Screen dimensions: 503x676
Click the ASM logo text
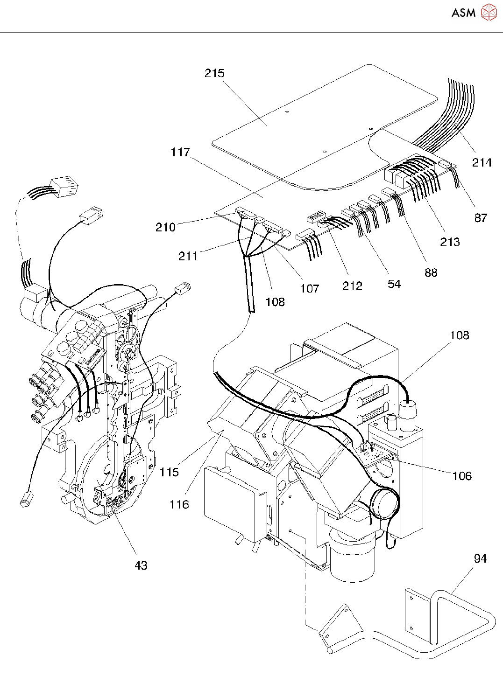tap(463, 13)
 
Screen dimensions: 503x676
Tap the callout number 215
tap(214, 73)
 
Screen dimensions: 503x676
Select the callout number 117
tap(180, 152)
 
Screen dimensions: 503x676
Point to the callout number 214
tap(482, 162)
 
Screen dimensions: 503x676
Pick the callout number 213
tap(450, 242)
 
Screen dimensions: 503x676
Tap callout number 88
tap(431, 272)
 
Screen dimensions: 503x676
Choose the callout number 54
tap(394, 284)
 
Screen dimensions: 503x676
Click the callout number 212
tap(352, 286)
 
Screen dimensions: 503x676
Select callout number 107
tap(310, 288)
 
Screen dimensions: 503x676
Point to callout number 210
tap(165, 227)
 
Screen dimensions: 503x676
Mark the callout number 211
tap(188, 256)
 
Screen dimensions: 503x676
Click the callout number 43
tap(141, 565)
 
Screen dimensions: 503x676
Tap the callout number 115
tap(169, 472)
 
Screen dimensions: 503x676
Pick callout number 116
tap(179, 504)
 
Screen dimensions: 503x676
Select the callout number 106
tap(462, 476)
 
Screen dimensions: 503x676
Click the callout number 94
tap(481, 558)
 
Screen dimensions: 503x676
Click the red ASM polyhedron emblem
tap(489, 13)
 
